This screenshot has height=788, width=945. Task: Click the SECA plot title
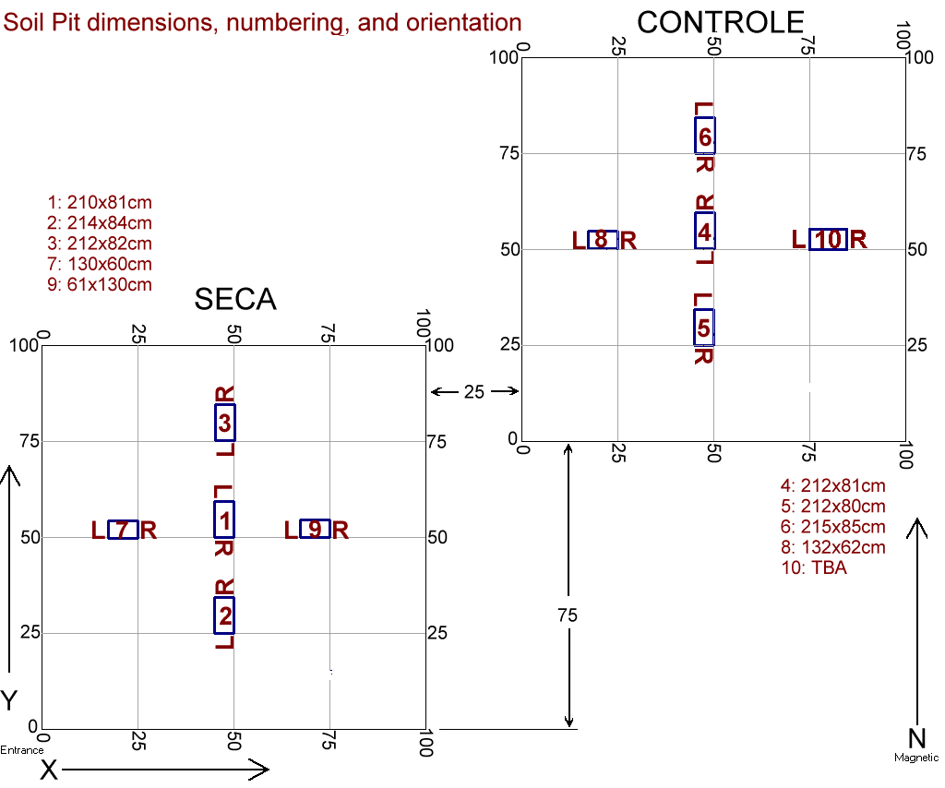pos(235,299)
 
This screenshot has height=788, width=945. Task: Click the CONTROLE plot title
pos(721,22)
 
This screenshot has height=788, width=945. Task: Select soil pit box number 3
pos(225,423)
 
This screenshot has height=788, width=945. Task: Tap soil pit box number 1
pos(224,519)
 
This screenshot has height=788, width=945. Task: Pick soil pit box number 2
pos(224,615)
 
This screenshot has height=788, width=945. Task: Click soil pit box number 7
pos(123,530)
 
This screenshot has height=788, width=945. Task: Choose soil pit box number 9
pos(315,529)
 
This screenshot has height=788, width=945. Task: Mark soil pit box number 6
pos(705,136)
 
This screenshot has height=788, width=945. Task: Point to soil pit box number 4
pos(705,231)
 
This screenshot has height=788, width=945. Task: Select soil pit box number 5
pos(704,327)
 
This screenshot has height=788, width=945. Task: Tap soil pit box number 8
pos(602,240)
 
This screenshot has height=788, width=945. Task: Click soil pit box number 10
pos(828,240)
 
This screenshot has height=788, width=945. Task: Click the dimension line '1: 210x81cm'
pos(100,202)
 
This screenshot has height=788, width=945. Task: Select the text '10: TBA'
pos(813,567)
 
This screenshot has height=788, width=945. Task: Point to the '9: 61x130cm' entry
pos(100,284)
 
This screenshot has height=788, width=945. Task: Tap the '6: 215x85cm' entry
pos(832,527)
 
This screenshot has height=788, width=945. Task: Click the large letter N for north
pos(917,737)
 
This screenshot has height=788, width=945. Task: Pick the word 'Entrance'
pos(21,750)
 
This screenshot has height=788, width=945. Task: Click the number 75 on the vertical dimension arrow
pos(568,615)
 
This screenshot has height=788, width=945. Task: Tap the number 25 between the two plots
pos(473,392)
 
